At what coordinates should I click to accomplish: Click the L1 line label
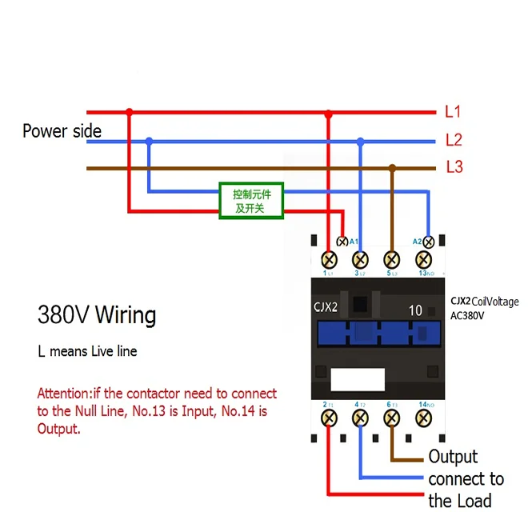[453, 112]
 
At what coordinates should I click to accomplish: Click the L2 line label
[454, 140]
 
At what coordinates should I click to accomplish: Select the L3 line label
[454, 167]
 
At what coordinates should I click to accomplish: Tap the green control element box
[252, 201]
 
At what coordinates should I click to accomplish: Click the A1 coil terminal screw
[342, 241]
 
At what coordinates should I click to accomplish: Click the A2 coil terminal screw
[428, 241]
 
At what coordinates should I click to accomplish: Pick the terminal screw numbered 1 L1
[328, 259]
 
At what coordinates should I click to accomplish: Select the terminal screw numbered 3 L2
[360, 259]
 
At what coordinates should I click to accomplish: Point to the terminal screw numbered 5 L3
[391, 259]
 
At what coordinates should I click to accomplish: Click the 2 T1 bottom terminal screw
[328, 418]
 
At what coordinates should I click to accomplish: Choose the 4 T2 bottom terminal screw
[360, 418]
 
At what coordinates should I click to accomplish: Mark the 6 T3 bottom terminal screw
[391, 418]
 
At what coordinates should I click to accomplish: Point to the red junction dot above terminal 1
[328, 113]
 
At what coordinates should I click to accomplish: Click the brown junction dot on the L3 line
[392, 168]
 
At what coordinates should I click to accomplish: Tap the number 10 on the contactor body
[415, 310]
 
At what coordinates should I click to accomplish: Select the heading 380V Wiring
[97, 314]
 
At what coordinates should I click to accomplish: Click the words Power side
[62, 131]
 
